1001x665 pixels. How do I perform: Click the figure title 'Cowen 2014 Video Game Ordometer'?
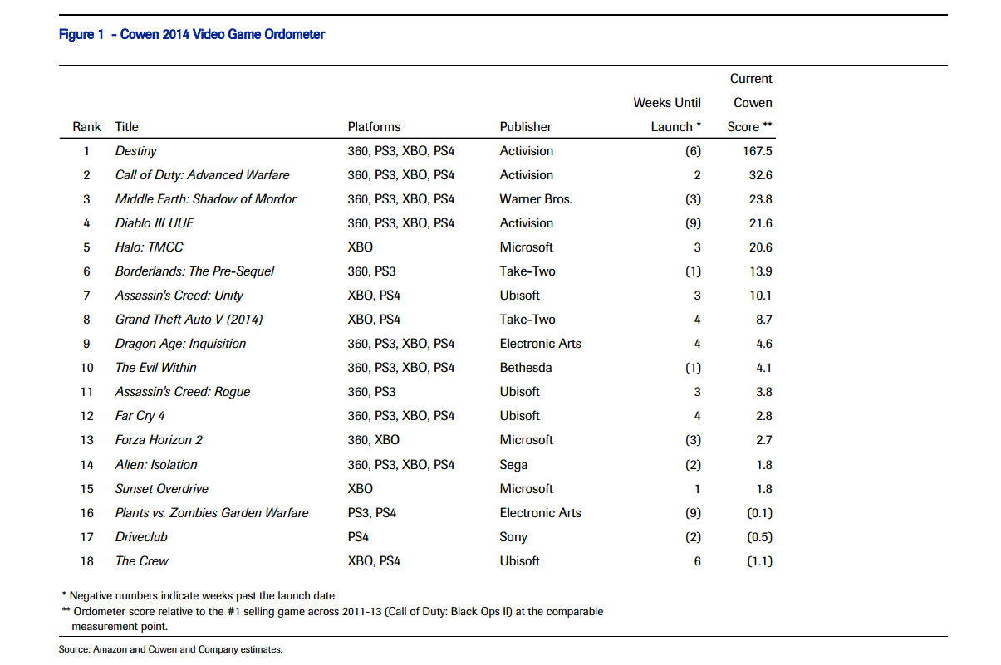point(223,34)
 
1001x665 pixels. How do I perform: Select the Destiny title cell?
point(136,151)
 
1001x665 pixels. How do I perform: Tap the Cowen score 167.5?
point(758,151)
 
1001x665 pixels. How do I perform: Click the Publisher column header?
point(526,127)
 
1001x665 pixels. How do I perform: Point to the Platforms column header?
point(374,127)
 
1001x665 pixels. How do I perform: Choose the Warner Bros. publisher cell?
point(536,199)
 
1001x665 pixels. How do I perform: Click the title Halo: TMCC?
point(149,247)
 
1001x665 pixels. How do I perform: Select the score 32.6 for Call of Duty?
point(761,175)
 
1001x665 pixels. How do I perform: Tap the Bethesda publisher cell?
point(526,368)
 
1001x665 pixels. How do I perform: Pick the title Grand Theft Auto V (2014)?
point(189,320)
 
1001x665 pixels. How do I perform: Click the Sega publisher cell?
point(513,465)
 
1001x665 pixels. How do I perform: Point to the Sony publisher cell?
point(513,537)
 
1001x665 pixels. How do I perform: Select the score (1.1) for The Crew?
point(760,561)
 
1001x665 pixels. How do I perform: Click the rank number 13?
point(87,440)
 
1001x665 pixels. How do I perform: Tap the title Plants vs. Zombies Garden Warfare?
point(212,513)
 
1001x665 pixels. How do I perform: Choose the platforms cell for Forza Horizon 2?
point(374,440)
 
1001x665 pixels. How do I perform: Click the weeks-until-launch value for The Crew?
point(697,561)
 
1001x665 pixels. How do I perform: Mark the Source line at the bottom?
point(170,649)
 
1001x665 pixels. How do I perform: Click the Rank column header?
point(86,127)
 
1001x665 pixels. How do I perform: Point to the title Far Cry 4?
point(140,416)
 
